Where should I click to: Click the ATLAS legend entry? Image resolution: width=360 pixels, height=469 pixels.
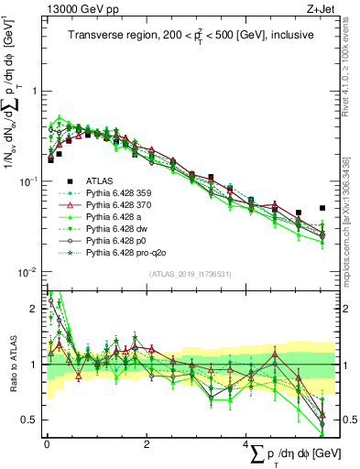coord(100,182)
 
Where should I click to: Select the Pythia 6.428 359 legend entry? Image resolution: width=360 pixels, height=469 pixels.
coord(120,193)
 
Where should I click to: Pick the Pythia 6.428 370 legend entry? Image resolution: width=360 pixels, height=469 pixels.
coord(120,204)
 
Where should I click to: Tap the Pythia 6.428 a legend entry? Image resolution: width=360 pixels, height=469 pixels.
coord(115,215)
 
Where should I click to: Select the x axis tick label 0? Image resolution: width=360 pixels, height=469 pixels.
coord(47,443)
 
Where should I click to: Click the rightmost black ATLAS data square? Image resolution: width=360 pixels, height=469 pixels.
coord(322,208)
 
